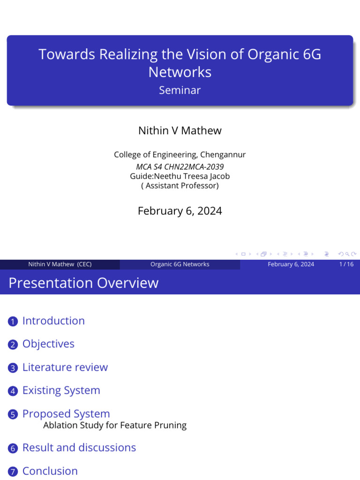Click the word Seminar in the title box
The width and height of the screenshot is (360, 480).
(180, 90)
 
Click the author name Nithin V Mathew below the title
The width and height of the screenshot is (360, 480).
(180, 131)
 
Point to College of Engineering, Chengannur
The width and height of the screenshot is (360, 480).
(180, 155)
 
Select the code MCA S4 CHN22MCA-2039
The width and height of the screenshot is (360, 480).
(180, 166)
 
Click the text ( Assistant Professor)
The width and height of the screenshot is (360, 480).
(180, 186)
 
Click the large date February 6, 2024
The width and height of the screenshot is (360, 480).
(180, 211)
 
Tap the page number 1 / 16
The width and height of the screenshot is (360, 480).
(346, 264)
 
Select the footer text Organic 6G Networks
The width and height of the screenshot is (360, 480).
(180, 264)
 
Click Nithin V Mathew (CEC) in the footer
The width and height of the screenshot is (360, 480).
(60, 264)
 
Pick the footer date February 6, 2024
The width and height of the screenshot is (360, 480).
(291, 264)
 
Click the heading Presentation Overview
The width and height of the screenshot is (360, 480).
(83, 283)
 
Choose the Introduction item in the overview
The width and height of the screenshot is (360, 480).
(53, 321)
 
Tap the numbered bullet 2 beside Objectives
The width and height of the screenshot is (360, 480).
(13, 345)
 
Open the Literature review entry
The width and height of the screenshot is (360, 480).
(65, 367)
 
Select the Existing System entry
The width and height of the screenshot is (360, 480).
(61, 390)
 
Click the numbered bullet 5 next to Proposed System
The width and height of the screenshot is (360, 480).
(13, 415)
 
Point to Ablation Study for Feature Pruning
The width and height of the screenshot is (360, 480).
(115, 426)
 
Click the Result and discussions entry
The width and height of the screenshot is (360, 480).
(79, 448)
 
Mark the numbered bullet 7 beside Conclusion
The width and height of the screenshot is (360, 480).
(13, 472)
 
